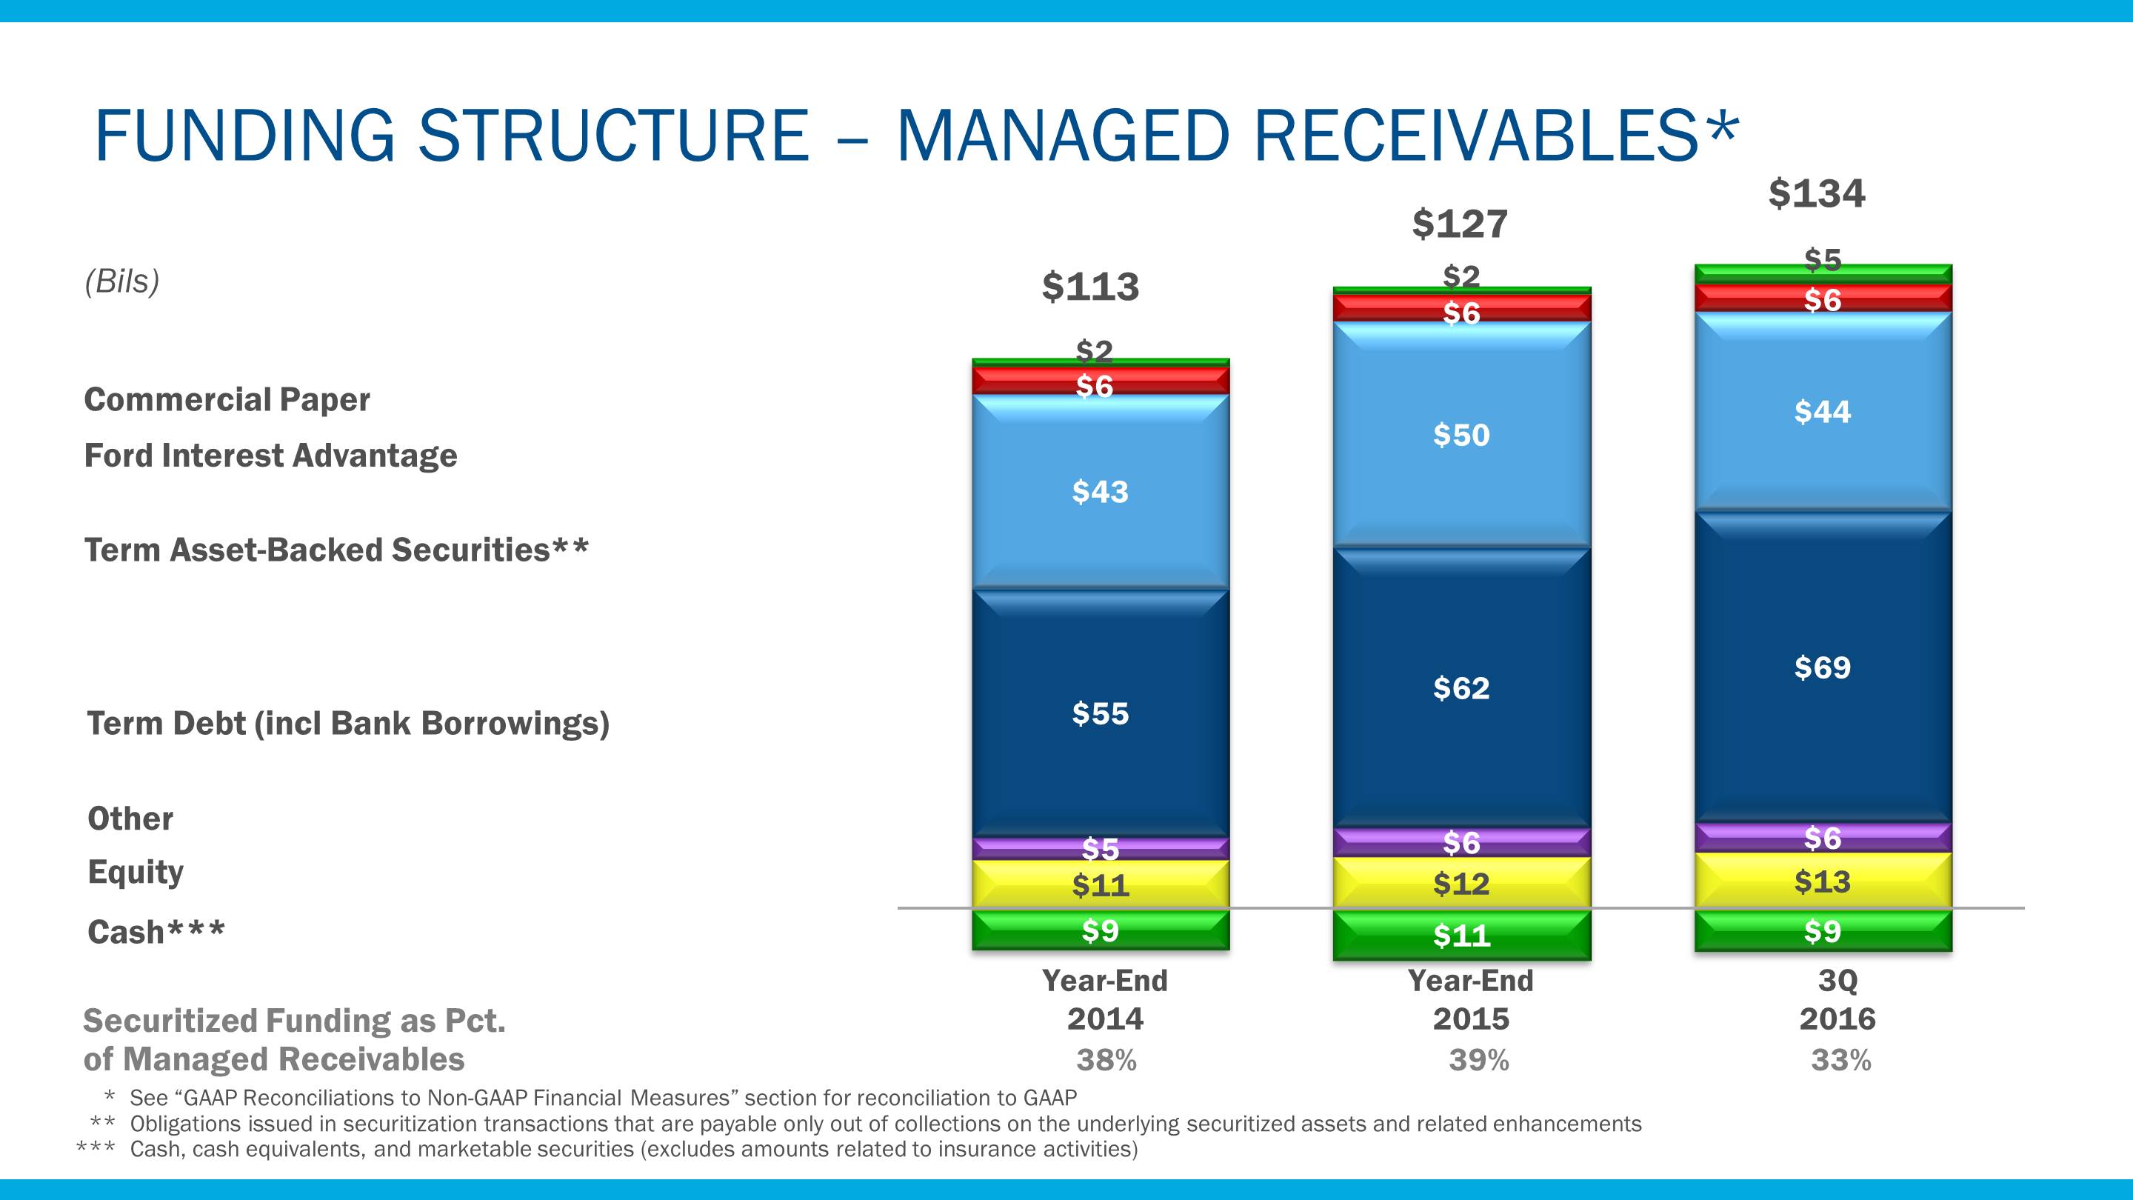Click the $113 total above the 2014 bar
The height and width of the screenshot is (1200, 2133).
pos(1089,287)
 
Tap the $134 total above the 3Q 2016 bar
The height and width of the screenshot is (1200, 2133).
pos(1817,194)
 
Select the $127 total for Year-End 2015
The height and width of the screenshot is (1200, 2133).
pos(1460,224)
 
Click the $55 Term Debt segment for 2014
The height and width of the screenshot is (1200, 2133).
pos(1101,714)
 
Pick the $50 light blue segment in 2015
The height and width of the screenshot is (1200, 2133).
pos(1461,435)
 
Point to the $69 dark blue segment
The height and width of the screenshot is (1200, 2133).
pos(1823,667)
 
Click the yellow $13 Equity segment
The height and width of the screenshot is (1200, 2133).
pos(1823,881)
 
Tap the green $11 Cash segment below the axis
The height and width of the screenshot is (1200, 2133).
pos(1461,936)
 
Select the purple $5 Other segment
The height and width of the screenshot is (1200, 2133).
pos(1101,848)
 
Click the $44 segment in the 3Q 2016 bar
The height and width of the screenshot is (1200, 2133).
pos(1823,412)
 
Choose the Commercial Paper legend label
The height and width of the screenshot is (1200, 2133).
pos(227,400)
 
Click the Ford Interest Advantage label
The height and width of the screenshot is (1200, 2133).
pos(271,456)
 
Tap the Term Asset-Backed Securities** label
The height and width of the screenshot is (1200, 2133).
pos(336,550)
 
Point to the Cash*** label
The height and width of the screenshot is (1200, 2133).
pos(156,933)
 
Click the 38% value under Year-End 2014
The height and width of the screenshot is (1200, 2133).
pos(1106,1060)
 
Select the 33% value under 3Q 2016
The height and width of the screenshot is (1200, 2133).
pos(1840,1060)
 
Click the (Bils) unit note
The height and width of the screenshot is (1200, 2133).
pos(121,281)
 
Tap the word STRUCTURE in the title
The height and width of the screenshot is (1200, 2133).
pos(612,136)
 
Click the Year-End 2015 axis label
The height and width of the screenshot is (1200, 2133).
pos(1471,999)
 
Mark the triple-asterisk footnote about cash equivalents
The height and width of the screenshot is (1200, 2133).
pos(633,1150)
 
